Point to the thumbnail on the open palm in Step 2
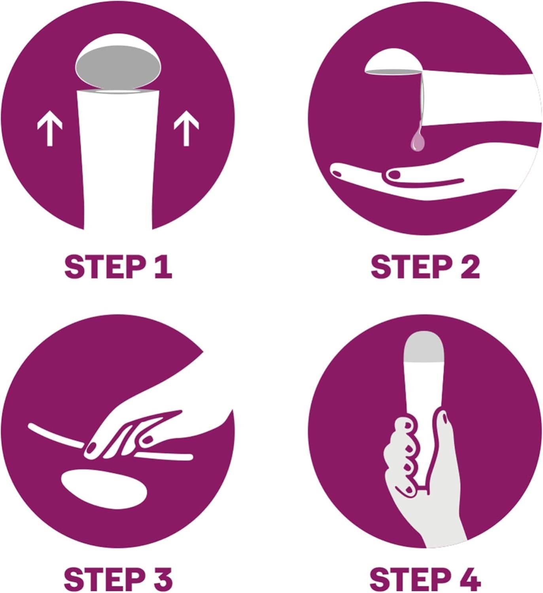(x=394, y=175)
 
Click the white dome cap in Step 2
(x=393, y=61)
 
